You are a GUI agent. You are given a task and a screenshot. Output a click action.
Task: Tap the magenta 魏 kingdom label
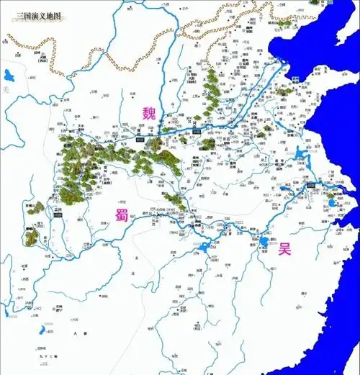(149, 112)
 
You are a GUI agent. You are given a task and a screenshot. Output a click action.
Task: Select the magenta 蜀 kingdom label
(121, 214)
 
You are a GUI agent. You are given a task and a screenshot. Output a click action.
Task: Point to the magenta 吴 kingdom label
(286, 250)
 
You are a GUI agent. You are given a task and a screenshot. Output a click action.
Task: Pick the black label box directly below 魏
(140, 135)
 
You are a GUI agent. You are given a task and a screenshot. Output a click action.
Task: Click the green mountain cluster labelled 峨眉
(32, 233)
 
